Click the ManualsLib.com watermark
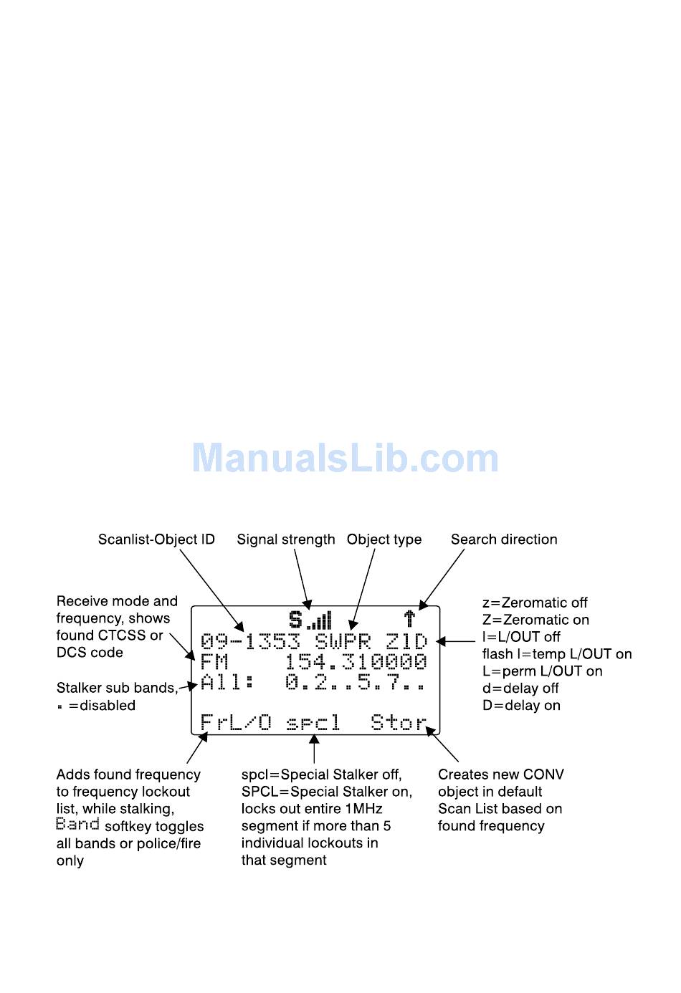[345, 459]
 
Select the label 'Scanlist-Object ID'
[156, 539]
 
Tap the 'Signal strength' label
[286, 539]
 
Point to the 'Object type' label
[384, 539]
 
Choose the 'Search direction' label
[504, 539]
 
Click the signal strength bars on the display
[320, 620]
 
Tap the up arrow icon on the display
[409, 618]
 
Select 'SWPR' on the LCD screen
[343, 641]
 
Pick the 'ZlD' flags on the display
[406, 641]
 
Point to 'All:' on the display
[227, 682]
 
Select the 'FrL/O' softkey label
[236, 722]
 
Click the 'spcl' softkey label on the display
[313, 723]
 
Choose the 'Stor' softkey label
[399, 722]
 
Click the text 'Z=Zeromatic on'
[535, 620]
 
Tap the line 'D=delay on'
[521, 706]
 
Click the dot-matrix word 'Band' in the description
[77, 825]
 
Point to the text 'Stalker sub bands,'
[117, 689]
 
